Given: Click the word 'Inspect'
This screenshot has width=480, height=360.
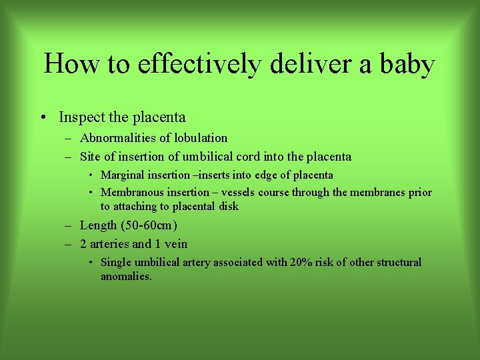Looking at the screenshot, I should (81, 117).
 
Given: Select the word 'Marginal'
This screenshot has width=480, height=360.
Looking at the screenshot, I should (123, 175).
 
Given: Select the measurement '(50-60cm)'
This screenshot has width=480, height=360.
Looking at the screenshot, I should (149, 225).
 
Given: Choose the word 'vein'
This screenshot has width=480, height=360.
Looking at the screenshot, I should (175, 244).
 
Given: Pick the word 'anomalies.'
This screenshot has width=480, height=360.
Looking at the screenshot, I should (126, 276).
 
